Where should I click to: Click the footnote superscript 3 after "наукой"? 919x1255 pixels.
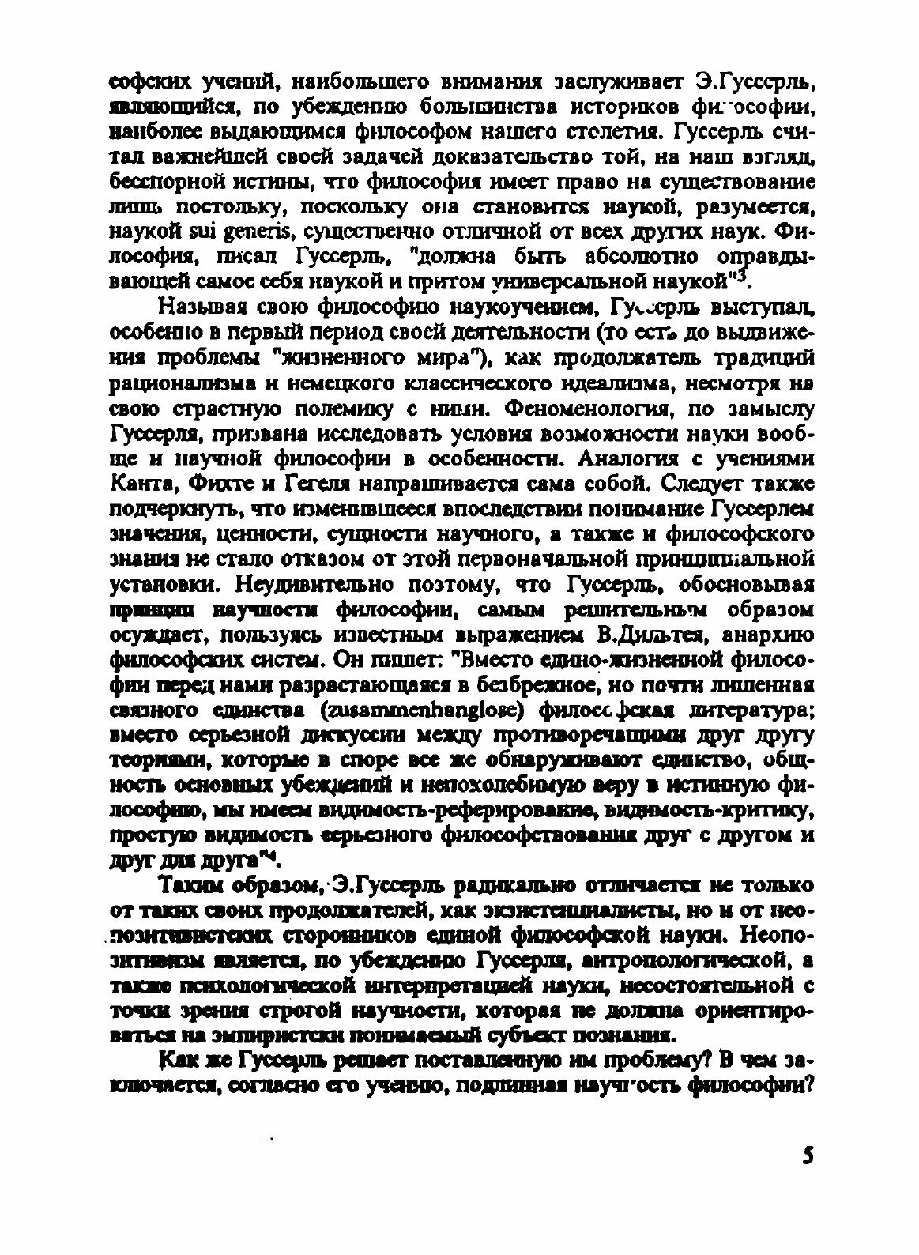click(740, 277)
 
